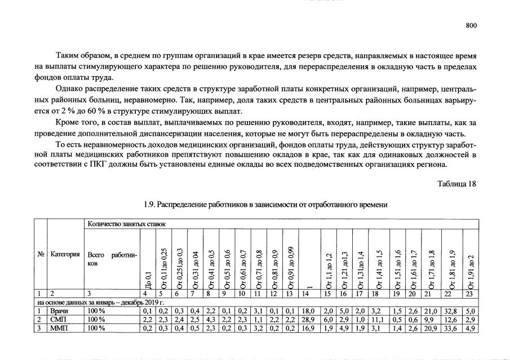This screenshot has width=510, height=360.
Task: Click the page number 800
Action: (x=471, y=25)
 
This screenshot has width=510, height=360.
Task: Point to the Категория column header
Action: (x=66, y=254)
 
